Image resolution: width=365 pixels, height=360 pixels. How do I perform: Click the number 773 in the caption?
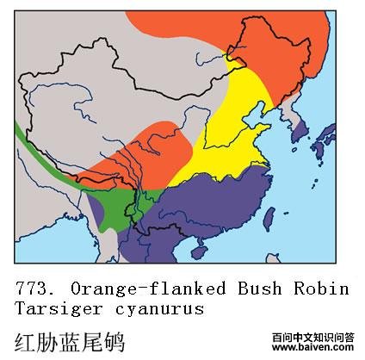[x=36, y=288]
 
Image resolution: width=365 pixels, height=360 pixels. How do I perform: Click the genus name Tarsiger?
[x=54, y=308]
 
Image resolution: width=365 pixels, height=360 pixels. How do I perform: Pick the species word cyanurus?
[x=162, y=308]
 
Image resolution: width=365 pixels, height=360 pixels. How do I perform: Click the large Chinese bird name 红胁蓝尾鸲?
[x=71, y=340]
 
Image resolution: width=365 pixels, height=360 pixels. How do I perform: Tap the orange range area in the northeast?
[x=284, y=52]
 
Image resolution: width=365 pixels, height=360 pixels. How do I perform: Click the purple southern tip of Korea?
[x=301, y=131]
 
